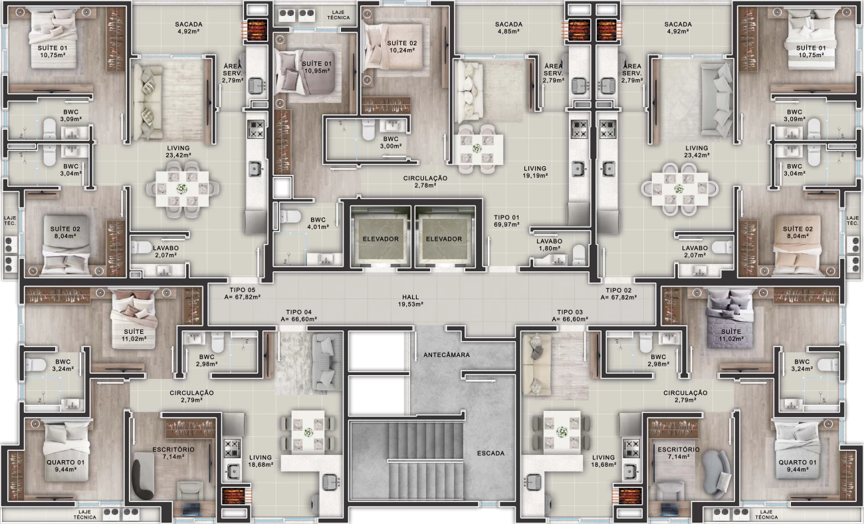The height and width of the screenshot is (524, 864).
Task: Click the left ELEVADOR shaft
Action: pos(380,237)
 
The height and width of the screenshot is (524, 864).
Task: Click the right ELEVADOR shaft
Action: pos(444,237)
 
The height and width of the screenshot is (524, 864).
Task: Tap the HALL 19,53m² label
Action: pos(411,301)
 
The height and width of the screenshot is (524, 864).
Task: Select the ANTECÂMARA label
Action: pos(447,355)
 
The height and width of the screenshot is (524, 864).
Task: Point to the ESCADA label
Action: pos(490,453)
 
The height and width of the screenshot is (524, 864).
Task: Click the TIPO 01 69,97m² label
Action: pos(506,221)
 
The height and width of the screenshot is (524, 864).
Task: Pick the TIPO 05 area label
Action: pos(242,293)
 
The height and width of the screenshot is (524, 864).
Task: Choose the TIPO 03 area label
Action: pos(570,315)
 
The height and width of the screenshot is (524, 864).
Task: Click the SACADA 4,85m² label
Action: pos(508,27)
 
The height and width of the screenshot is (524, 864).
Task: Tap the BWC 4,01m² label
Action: pos(318,223)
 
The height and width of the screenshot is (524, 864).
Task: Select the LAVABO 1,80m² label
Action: pos(549,245)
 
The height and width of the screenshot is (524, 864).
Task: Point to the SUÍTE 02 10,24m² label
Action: pos(402,47)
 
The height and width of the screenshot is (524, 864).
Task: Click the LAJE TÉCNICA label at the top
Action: pos(338,15)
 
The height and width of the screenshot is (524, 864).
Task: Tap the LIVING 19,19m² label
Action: pos(535,172)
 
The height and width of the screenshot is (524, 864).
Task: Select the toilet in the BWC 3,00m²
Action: pos(368,130)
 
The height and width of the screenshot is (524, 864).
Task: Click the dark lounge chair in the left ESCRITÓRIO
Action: pos(144,476)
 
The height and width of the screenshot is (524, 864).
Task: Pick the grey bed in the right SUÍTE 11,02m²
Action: pos(729,323)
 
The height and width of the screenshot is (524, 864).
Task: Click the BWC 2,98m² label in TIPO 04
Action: pos(207,360)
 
